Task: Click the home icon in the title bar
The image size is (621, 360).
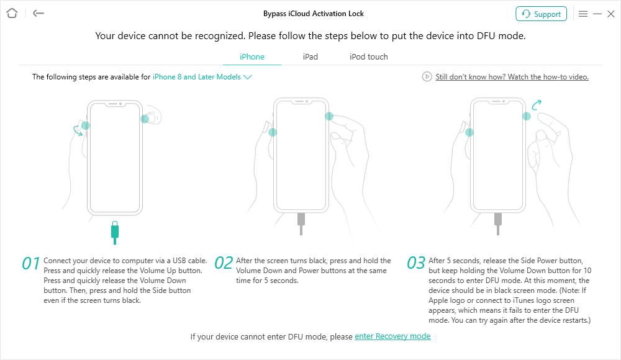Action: click(x=12, y=14)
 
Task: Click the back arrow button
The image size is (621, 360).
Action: click(x=39, y=14)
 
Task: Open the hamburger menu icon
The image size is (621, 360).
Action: click(x=583, y=14)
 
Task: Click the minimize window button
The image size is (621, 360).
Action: click(x=597, y=14)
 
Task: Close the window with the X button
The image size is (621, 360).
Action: click(x=611, y=14)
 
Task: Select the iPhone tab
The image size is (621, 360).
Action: click(x=252, y=56)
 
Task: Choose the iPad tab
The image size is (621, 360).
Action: click(x=310, y=56)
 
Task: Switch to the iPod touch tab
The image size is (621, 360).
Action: click(x=369, y=56)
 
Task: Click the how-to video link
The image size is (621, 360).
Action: click(x=512, y=77)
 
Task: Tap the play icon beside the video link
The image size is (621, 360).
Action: click(x=427, y=76)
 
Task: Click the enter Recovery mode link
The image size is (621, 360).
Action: click(x=392, y=336)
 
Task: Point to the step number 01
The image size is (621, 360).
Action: click(x=31, y=263)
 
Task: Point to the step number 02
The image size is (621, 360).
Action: click(x=224, y=263)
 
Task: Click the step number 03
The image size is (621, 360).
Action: click(x=416, y=263)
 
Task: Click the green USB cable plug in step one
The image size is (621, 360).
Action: click(x=115, y=233)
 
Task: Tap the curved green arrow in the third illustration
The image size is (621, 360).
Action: click(x=537, y=105)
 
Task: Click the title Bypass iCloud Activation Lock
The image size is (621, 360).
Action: click(x=313, y=14)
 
